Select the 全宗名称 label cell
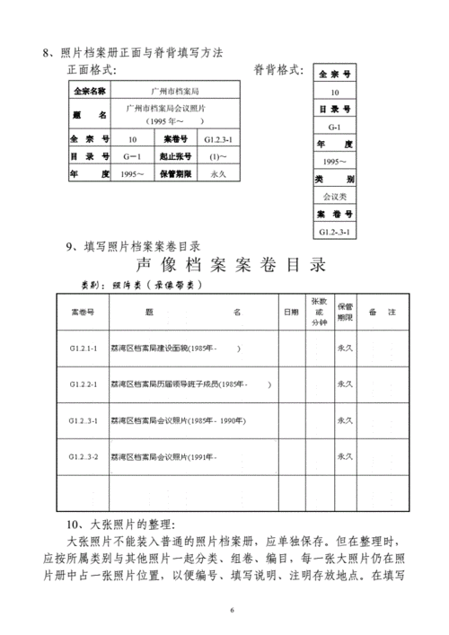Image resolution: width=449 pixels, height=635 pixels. point(89,92)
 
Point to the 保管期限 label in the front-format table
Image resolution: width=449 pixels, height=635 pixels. point(177,172)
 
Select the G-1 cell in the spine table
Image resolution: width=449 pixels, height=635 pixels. point(335,128)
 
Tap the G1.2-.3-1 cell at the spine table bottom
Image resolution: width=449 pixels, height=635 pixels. point(335,232)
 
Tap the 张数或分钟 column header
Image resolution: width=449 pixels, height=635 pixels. point(319,312)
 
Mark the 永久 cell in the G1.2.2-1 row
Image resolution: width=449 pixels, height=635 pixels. point(345,384)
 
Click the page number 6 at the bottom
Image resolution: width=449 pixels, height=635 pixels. point(232,611)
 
